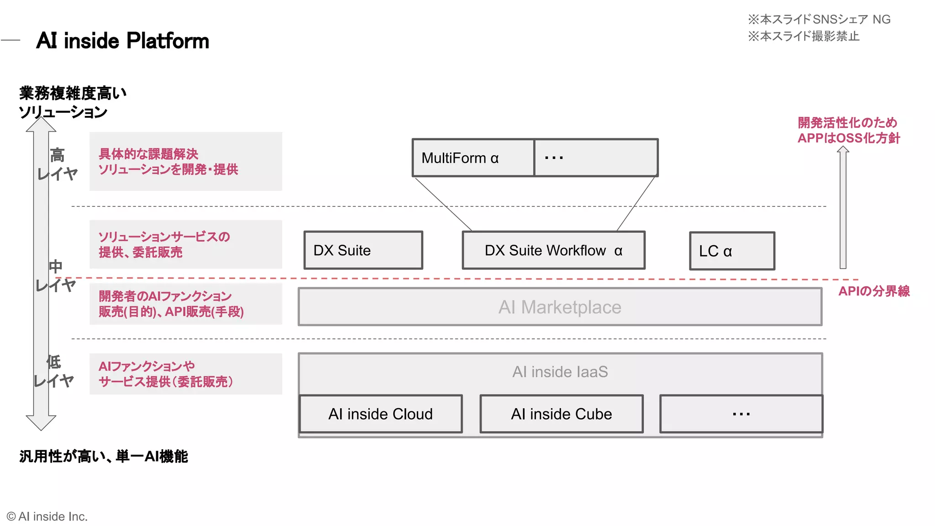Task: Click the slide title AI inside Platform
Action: (x=122, y=41)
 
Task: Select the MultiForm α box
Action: (x=473, y=158)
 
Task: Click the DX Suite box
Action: (x=363, y=250)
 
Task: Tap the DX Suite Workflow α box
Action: (x=553, y=250)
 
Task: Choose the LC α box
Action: (x=732, y=251)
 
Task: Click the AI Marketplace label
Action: (x=560, y=307)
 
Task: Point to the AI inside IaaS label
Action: (x=560, y=372)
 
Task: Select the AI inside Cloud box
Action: (x=381, y=414)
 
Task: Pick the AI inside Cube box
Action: (x=562, y=414)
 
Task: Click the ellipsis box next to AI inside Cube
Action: (x=741, y=414)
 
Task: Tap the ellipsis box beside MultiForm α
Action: (x=596, y=158)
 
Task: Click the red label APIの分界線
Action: (x=874, y=291)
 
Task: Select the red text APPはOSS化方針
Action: (x=848, y=138)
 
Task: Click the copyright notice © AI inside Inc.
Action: (x=47, y=516)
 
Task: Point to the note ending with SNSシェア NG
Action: (x=819, y=19)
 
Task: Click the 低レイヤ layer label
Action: (x=54, y=371)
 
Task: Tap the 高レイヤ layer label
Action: (x=58, y=164)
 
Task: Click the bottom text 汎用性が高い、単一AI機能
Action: (x=104, y=456)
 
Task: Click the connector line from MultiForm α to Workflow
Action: (x=443, y=204)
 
